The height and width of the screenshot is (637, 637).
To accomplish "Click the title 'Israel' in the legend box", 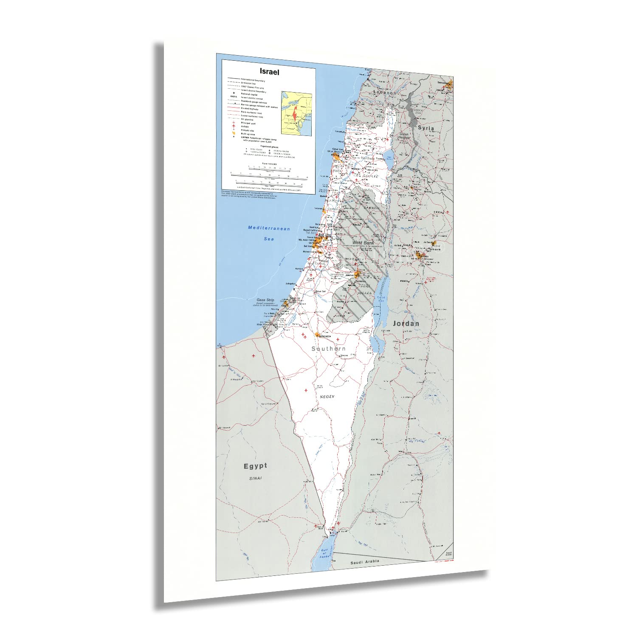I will pyautogui.click(x=269, y=72).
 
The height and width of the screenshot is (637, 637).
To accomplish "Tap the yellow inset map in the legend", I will pyautogui.click(x=296, y=113).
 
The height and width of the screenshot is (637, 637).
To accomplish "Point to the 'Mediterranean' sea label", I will pyautogui.click(x=269, y=228).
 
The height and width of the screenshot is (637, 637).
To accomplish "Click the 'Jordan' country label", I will pyautogui.click(x=406, y=324).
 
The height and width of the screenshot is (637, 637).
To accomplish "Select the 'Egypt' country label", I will pyautogui.click(x=255, y=466).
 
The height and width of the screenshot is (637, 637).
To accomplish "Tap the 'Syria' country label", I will pyautogui.click(x=426, y=127).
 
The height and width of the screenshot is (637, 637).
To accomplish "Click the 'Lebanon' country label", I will pyautogui.click(x=385, y=93).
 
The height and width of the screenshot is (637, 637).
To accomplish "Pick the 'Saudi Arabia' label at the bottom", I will pyautogui.click(x=364, y=562).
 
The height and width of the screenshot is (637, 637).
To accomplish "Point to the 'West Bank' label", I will pyautogui.click(x=363, y=242).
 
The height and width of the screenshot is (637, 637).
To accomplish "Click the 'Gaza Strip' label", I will pyautogui.click(x=265, y=300).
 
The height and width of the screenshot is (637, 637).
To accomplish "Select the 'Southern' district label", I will pyautogui.click(x=328, y=349).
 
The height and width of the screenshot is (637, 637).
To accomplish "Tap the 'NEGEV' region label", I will pyautogui.click(x=327, y=396).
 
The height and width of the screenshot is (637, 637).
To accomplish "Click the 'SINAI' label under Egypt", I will pyautogui.click(x=255, y=478).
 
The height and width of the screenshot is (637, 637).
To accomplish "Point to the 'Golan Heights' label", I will pyautogui.click(x=403, y=136).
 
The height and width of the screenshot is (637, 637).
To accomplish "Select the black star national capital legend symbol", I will pyautogui.click(x=233, y=93).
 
